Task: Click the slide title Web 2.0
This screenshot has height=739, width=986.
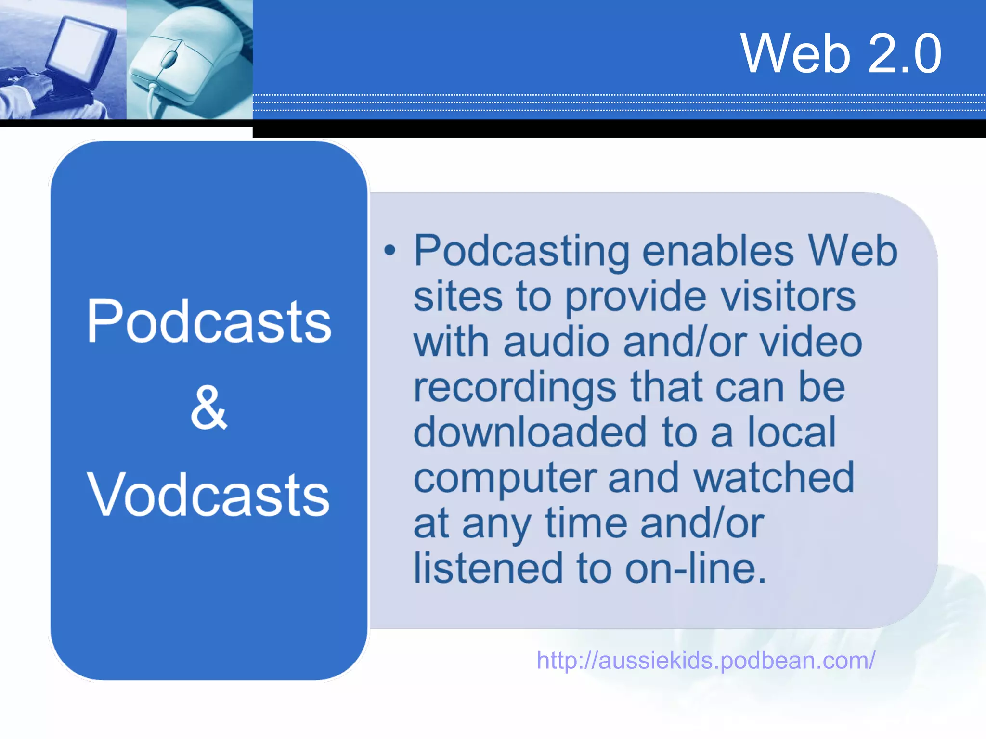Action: pyautogui.click(x=840, y=53)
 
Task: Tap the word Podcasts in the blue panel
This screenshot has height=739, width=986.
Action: pyautogui.click(x=209, y=321)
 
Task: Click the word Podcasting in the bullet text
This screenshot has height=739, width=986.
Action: pyautogui.click(x=521, y=251)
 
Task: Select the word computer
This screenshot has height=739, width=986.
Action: pyautogui.click(x=505, y=478)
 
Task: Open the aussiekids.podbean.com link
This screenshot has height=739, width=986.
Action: pyautogui.click(x=706, y=660)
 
